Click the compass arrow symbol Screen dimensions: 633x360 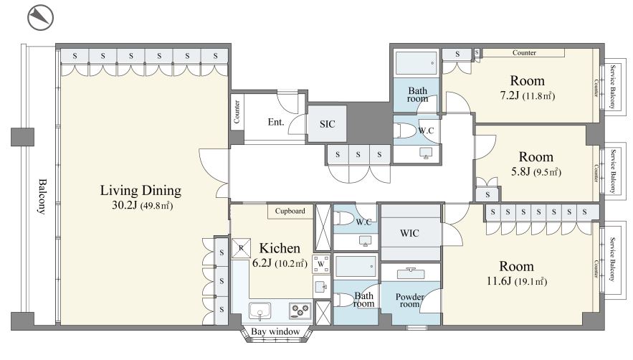40,17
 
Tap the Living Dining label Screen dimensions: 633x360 141,190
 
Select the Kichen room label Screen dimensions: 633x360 280,248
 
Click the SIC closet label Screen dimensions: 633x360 327,124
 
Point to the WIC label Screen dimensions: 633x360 409,233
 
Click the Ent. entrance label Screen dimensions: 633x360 276,122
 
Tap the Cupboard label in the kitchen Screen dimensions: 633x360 290,211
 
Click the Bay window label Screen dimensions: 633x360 275,332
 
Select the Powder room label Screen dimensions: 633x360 409,300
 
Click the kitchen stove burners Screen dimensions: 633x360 300,311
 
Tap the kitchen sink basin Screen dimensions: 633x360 260,311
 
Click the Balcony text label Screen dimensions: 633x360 42,196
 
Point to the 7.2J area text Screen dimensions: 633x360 509,96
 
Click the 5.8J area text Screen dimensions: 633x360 520,171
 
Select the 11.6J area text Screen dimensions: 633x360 499,281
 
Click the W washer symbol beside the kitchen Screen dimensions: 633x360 321,264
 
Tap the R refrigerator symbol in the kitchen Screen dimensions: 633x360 241,248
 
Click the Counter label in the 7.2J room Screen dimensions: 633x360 524,52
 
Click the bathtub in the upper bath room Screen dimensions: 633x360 416,63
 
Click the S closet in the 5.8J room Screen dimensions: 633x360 487,194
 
